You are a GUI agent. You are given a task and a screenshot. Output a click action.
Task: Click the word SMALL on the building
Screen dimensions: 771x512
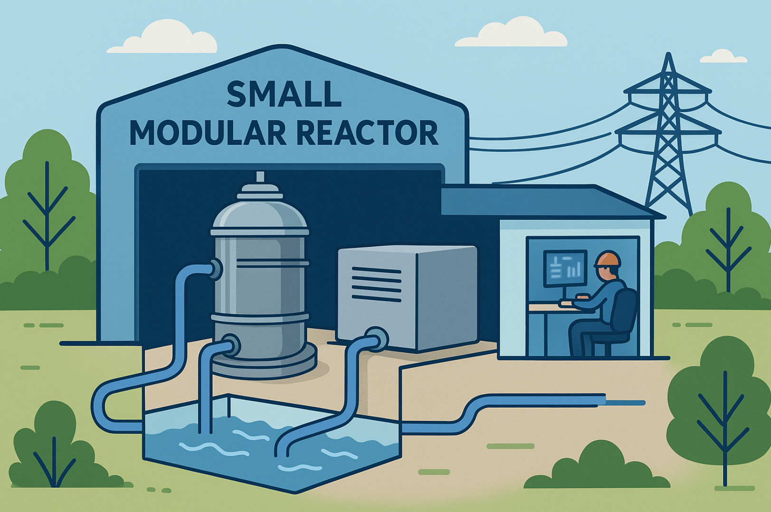coord(284,94)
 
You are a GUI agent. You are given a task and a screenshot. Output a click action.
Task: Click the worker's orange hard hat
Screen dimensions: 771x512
coord(608,259)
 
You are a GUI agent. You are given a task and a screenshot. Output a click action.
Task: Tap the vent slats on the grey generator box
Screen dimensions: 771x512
coord(376,284)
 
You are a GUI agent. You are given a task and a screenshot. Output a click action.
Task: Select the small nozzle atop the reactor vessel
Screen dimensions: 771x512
coord(260,177)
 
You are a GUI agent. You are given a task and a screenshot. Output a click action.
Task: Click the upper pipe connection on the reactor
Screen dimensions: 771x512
coord(216,268)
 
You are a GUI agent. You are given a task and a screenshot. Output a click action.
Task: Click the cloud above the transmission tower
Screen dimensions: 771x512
coord(723,57)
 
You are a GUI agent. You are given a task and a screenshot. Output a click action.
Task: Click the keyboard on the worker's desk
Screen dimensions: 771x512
coord(568,303)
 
